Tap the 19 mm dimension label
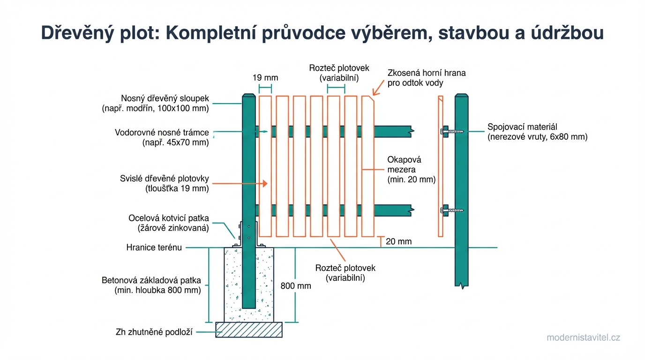click(265, 77)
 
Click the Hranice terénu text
click(154, 247)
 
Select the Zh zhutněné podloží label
click(154, 332)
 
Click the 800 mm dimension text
click(296, 286)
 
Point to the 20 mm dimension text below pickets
click(398, 242)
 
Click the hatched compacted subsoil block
click(249, 330)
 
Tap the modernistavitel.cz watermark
click(583, 337)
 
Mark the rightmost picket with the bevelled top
click(368, 166)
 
